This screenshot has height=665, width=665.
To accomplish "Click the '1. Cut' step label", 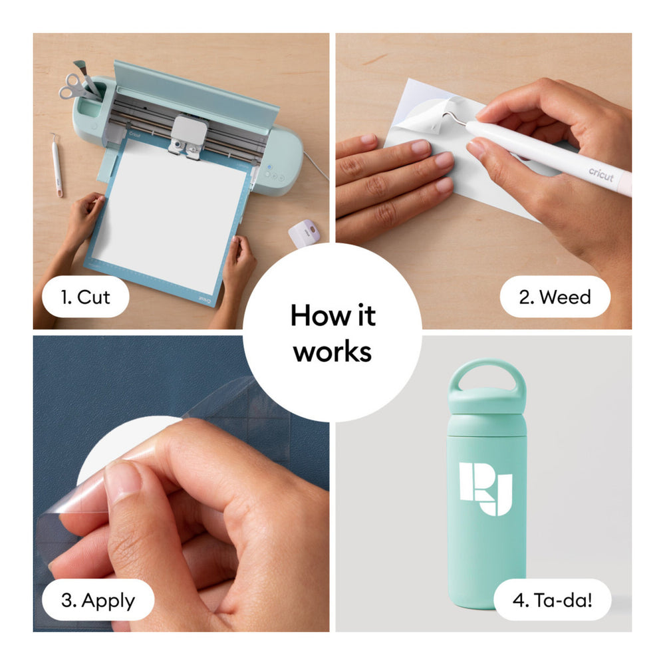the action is pyautogui.click(x=85, y=297).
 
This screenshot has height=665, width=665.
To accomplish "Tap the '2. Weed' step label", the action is pyautogui.click(x=555, y=297).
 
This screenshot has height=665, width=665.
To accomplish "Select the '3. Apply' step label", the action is pyautogui.click(x=98, y=600).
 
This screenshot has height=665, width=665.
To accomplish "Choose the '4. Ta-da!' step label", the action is pyautogui.click(x=552, y=600).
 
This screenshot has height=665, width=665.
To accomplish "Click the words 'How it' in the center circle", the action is pyautogui.click(x=333, y=315).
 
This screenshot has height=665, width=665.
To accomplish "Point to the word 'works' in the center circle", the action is pyautogui.click(x=332, y=352).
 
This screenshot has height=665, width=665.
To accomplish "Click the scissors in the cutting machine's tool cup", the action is pyautogui.click(x=76, y=86).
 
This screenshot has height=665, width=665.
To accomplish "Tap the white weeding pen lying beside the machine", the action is pyautogui.click(x=57, y=165).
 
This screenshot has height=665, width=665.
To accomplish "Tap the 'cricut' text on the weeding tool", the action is pyautogui.click(x=601, y=174).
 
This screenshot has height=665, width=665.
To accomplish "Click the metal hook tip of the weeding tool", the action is pyautogui.click(x=446, y=114).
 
